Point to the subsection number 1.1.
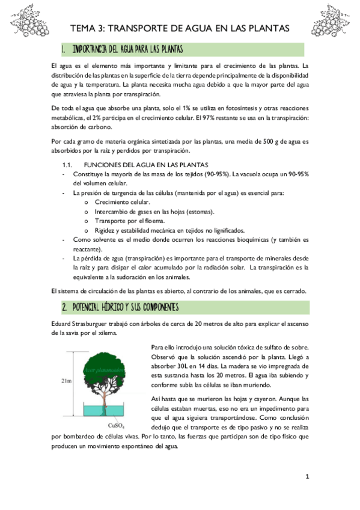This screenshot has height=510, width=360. (67, 164)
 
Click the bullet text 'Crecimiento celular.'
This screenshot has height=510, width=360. (123, 202)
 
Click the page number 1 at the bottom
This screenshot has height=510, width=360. (307, 477)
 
